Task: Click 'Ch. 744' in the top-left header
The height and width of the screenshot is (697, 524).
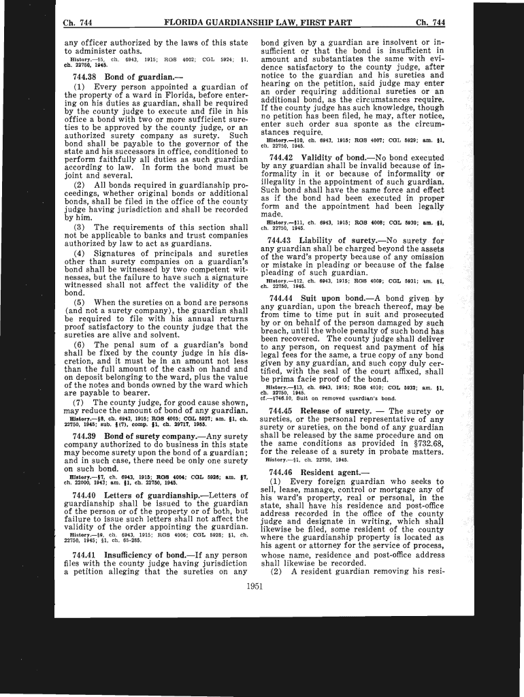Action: click(77, 23)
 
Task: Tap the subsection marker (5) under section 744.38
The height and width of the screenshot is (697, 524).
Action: click(79, 302)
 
